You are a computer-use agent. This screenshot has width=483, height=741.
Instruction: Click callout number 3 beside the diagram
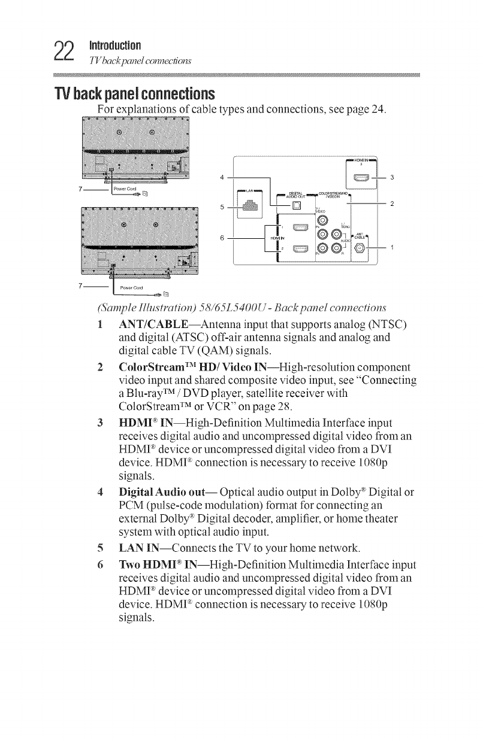[x=391, y=177]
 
